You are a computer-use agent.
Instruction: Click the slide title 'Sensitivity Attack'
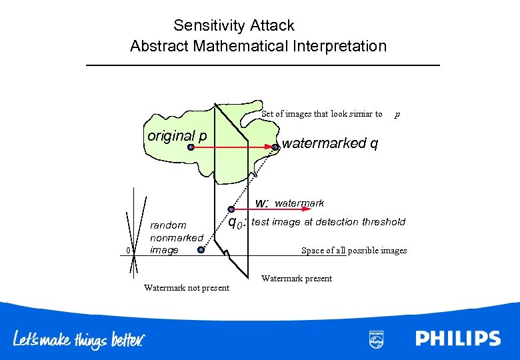tap(233, 26)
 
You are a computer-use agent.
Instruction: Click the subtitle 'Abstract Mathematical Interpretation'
tap(258, 47)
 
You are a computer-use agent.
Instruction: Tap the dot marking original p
tap(191, 147)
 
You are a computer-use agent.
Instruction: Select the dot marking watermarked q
tap(275, 147)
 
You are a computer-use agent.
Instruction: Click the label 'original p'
tap(177, 136)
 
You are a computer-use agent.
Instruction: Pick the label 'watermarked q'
tap(330, 143)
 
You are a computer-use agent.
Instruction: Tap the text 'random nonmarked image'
tap(176, 237)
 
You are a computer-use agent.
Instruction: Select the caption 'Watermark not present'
tap(187, 288)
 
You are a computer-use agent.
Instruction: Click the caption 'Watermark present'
tap(296, 279)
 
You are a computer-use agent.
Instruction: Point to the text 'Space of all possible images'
tap(353, 251)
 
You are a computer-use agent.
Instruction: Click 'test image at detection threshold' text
tap(328, 222)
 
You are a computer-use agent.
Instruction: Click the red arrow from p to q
tap(233, 147)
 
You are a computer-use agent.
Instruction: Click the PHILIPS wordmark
tap(458, 339)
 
